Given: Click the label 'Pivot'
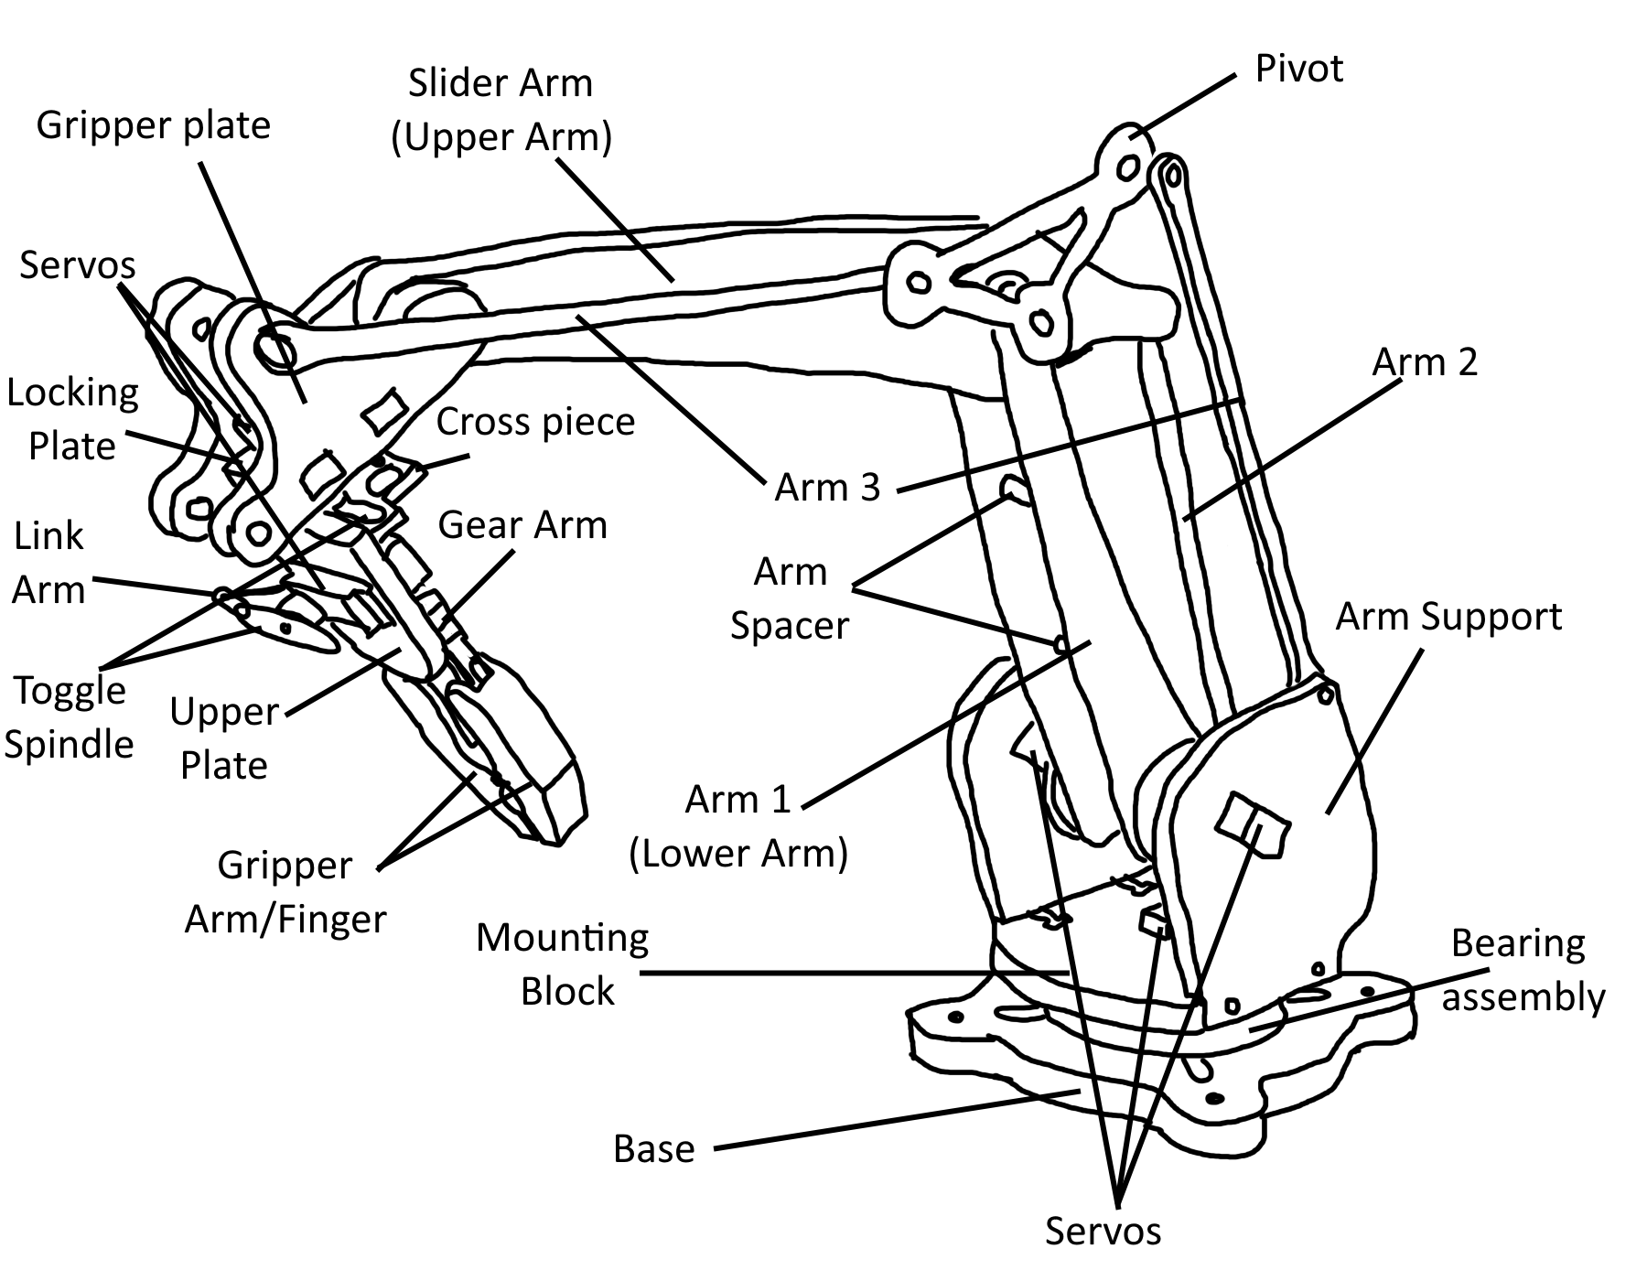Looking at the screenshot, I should (1298, 70).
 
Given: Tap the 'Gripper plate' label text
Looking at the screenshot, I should (154, 125).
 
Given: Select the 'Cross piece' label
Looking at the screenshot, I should (535, 422).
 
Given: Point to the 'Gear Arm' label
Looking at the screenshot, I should (522, 525).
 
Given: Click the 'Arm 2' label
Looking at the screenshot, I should (1425, 362).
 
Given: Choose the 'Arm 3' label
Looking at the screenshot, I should (827, 488).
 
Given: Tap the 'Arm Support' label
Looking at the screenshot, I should (1448, 617).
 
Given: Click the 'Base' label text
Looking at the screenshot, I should (653, 1149).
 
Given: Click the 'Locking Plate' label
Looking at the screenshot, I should (72, 419).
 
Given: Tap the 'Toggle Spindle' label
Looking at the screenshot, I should (69, 716).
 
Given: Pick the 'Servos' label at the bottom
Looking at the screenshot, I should (1103, 1232).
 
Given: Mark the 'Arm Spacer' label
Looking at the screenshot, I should (790, 598).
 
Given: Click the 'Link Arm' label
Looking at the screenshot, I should (48, 563).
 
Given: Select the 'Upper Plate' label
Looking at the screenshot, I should (224, 737).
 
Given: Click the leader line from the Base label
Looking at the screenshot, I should (897, 1119).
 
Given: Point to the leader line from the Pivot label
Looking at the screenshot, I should (1186, 105).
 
